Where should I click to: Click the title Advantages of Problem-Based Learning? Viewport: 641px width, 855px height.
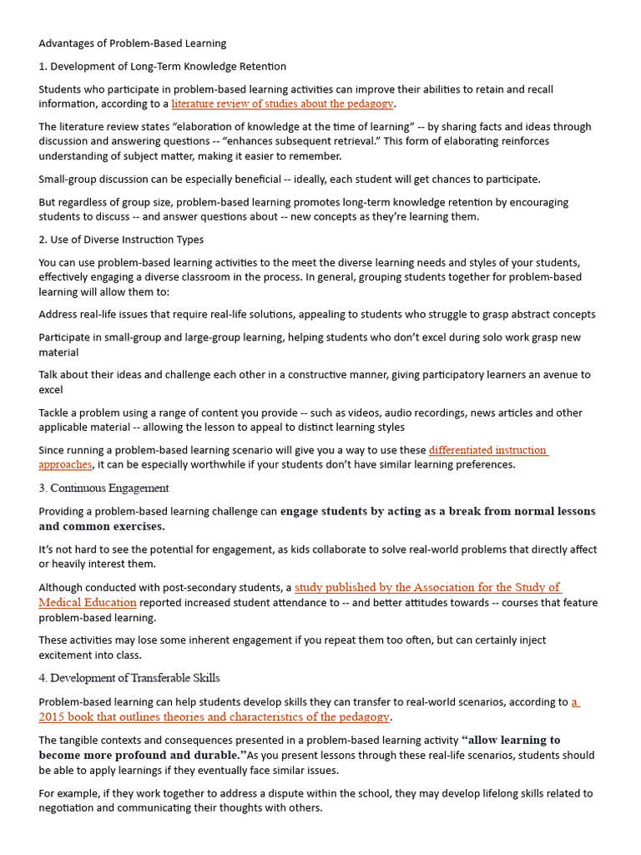[x=132, y=43]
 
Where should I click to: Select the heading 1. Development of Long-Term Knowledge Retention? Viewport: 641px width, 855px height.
[x=162, y=67]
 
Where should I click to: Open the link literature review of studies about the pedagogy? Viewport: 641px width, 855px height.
[x=282, y=104]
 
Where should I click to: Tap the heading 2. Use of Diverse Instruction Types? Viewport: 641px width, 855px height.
[x=121, y=240]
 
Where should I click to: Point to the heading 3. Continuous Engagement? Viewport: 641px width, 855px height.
[x=103, y=488]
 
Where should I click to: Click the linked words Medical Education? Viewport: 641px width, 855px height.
[x=88, y=603]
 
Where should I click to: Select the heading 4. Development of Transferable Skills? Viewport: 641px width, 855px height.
[x=129, y=678]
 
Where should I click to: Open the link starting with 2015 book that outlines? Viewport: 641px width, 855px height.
[x=214, y=717]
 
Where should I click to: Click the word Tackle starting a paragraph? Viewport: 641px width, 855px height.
[x=56, y=413]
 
